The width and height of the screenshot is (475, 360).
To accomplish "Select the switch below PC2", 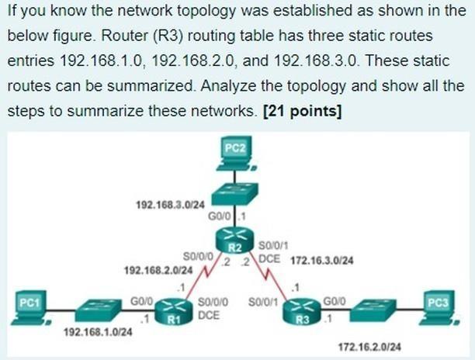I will [234, 191].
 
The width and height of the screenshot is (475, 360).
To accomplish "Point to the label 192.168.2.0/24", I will [155, 270].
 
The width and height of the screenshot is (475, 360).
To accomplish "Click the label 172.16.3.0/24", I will [321, 261].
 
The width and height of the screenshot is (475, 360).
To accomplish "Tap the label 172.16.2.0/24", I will [370, 345].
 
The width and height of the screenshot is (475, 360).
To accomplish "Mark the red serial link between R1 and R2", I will [204, 277].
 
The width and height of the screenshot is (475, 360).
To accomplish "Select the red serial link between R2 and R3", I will [267, 277].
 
